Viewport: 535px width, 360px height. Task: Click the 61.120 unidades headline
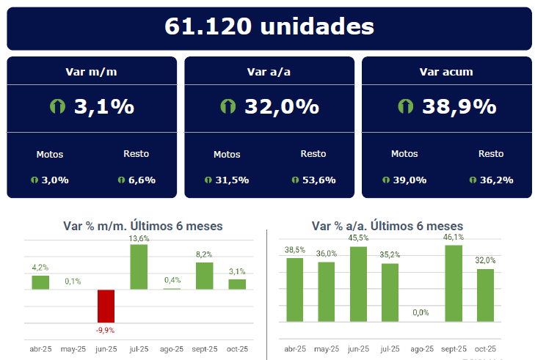(269, 27)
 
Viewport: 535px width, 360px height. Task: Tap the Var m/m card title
(92, 72)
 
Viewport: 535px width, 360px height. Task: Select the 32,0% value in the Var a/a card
(282, 107)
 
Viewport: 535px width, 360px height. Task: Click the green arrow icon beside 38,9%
(404, 106)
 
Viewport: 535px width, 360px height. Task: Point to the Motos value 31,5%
(233, 180)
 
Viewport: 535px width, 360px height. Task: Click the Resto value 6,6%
(142, 180)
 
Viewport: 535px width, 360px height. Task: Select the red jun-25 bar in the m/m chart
(106, 310)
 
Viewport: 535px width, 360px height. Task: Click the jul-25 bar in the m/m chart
(139, 267)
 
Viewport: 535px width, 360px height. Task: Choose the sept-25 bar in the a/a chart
(454, 283)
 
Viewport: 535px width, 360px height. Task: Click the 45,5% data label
(358, 238)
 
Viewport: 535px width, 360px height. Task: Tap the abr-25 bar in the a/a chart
(295, 290)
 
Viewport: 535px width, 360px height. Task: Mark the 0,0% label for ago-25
(421, 313)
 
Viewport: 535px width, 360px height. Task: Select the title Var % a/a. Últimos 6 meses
(387, 226)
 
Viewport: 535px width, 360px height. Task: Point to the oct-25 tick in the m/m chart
(237, 350)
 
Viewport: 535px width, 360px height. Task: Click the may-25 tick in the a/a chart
(327, 350)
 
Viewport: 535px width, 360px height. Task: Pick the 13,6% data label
(139, 238)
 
